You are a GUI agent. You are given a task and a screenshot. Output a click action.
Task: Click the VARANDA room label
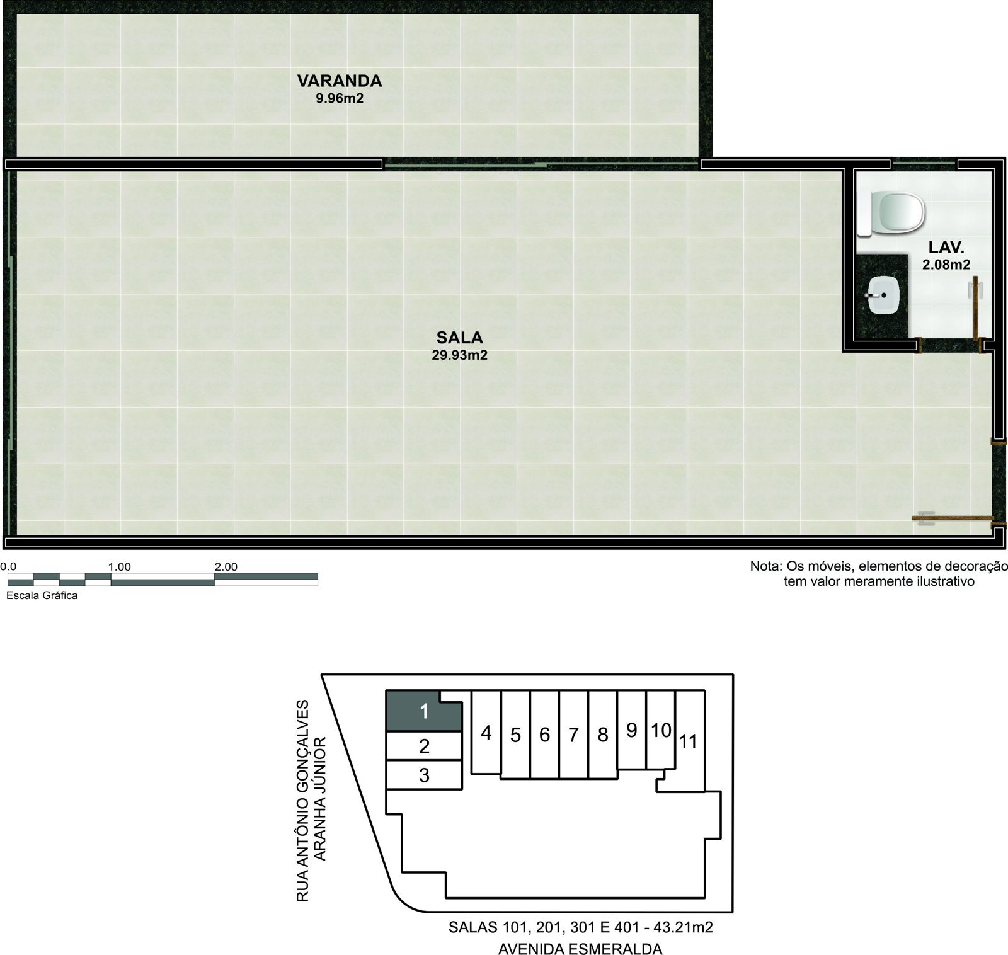(340, 81)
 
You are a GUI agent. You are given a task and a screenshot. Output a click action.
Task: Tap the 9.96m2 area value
(340, 98)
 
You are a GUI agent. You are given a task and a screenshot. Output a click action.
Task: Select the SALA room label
(459, 338)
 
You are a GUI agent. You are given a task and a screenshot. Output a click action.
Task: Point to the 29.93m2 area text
(459, 355)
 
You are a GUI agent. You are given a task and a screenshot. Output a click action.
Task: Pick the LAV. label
(947, 248)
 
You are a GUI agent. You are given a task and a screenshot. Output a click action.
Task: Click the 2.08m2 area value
(946, 265)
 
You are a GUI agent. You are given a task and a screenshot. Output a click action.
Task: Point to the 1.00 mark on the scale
(119, 567)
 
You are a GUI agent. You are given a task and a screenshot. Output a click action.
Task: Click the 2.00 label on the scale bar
(226, 567)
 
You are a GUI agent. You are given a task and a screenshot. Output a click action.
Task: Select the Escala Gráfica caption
(42, 595)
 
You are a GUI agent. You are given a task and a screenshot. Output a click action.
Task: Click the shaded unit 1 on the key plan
(424, 711)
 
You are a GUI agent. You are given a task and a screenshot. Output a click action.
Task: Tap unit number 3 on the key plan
(424, 775)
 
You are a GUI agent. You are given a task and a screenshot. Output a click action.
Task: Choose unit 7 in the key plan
(573, 735)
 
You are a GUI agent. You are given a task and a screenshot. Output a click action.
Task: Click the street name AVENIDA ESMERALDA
(580, 949)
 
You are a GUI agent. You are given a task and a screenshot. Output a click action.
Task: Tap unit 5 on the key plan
(515, 735)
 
